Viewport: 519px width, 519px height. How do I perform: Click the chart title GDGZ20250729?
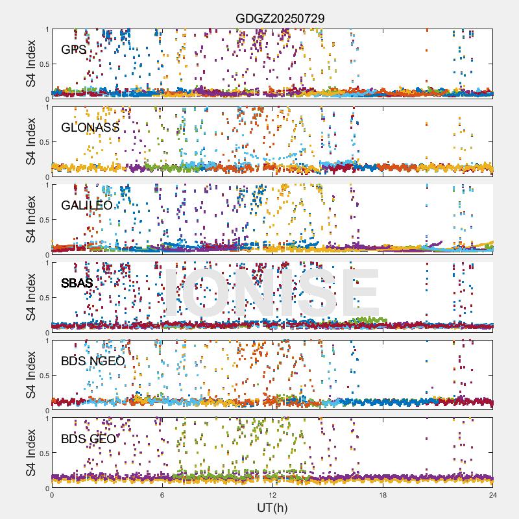click(x=280, y=19)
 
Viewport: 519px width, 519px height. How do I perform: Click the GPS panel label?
click(x=73, y=50)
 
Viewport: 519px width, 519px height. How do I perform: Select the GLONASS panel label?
click(x=90, y=128)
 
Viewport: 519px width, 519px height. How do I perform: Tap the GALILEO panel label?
click(x=86, y=206)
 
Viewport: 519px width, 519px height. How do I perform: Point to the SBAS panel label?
click(x=77, y=284)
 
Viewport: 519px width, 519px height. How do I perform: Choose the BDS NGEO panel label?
click(x=93, y=361)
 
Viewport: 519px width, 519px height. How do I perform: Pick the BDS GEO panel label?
click(x=88, y=439)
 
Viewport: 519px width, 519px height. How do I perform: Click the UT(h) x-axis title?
click(x=272, y=507)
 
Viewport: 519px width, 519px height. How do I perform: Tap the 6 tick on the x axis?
click(x=162, y=495)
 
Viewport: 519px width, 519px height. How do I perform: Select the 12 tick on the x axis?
click(x=273, y=495)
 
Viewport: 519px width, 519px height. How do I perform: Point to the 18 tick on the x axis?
click(x=383, y=495)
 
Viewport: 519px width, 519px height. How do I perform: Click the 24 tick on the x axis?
click(x=493, y=495)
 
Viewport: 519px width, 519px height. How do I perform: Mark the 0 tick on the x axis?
click(x=52, y=495)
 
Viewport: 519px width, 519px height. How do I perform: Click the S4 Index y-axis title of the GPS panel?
click(x=31, y=64)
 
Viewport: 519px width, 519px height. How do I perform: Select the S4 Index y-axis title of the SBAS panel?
click(x=31, y=297)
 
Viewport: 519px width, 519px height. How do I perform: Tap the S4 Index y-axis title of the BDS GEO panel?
click(x=31, y=453)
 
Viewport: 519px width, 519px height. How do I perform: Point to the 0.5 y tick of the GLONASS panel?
click(x=42, y=141)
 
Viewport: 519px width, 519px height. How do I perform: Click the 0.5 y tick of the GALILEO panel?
click(x=42, y=219)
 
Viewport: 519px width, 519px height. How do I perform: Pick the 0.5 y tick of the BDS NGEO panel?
click(x=42, y=375)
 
